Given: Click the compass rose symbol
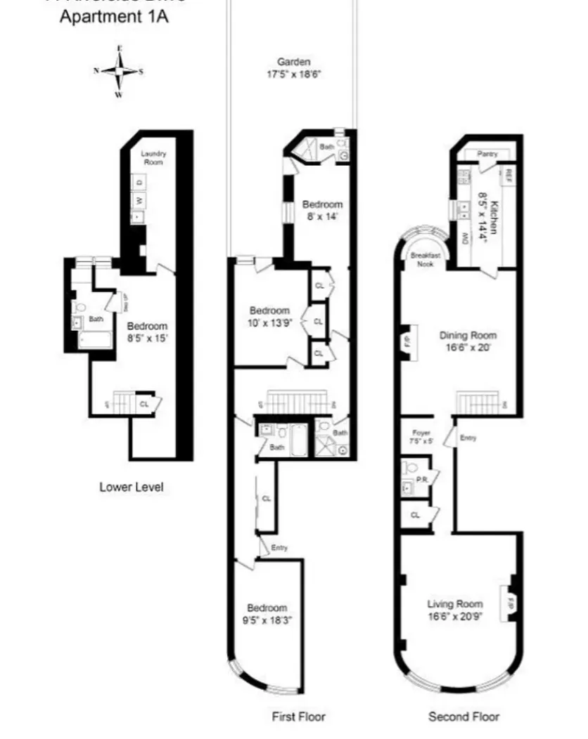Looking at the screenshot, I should pyautogui.click(x=119, y=71).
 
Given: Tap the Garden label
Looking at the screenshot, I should pyautogui.click(x=293, y=62).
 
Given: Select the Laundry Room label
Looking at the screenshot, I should pyautogui.click(x=153, y=157).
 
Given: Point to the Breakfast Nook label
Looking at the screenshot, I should pyautogui.click(x=426, y=260).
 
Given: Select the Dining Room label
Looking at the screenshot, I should pyautogui.click(x=464, y=335).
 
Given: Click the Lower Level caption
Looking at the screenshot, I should pyautogui.click(x=132, y=487).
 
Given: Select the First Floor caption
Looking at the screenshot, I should pyautogui.click(x=299, y=717).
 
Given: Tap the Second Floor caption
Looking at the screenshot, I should pyautogui.click(x=464, y=717).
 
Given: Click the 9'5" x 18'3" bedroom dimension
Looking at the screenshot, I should pyautogui.click(x=267, y=620).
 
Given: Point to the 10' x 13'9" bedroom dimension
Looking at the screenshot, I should pyautogui.click(x=270, y=323).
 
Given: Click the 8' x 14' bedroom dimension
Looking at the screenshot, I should pyautogui.click(x=322, y=216).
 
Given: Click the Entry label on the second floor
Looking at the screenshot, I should pyautogui.click(x=468, y=438).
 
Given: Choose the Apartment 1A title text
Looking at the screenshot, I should pyautogui.click(x=113, y=17).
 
